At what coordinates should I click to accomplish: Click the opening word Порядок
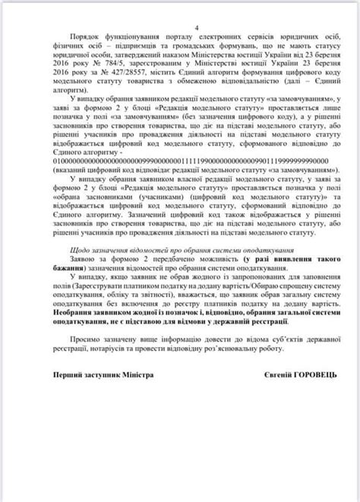(x=93, y=37)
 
